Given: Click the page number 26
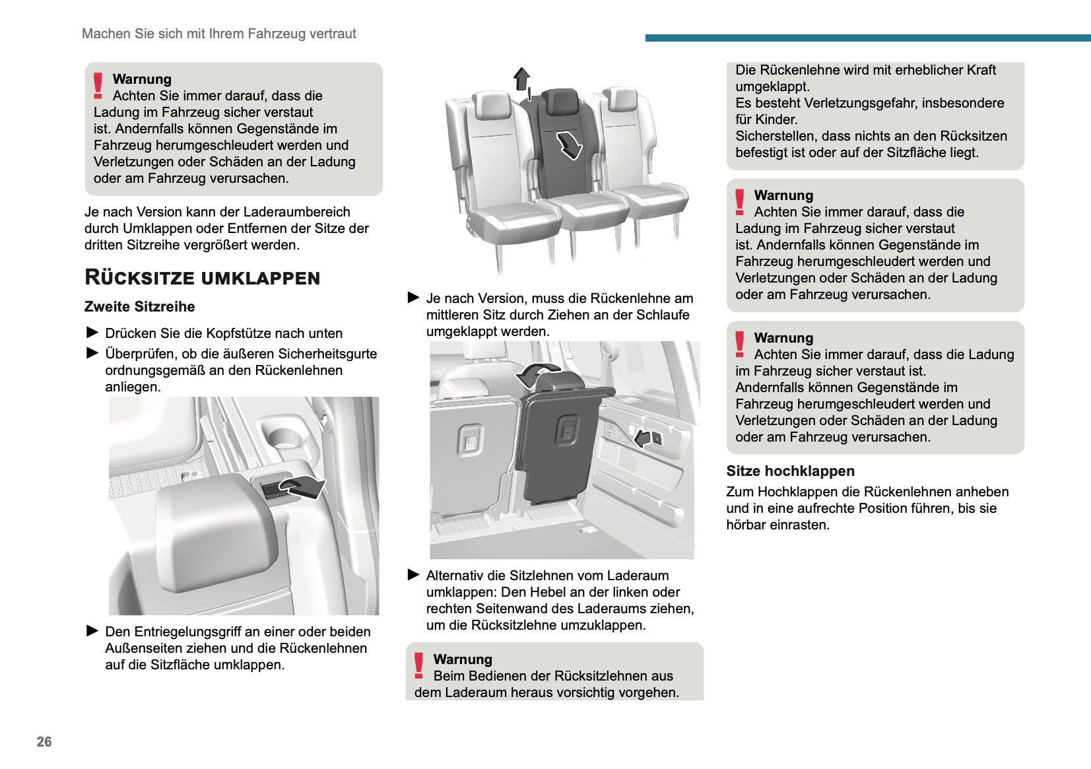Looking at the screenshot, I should [44, 741].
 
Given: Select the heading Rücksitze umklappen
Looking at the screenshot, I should [202, 277].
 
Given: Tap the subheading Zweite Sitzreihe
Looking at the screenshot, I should [139, 306].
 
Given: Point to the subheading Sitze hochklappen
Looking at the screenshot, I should [790, 471].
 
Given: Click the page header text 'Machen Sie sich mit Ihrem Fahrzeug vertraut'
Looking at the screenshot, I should [218, 34].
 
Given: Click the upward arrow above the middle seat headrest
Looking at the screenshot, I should [522, 79].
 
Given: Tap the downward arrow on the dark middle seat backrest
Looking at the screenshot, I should [569, 145].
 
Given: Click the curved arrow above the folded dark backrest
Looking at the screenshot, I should [536, 375].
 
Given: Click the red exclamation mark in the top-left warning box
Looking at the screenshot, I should [98, 86].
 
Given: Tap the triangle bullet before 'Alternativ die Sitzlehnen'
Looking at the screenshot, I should [414, 575].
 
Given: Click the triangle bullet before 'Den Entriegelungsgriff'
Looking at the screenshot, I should [92, 631].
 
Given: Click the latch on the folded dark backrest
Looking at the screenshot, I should [567, 431].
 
